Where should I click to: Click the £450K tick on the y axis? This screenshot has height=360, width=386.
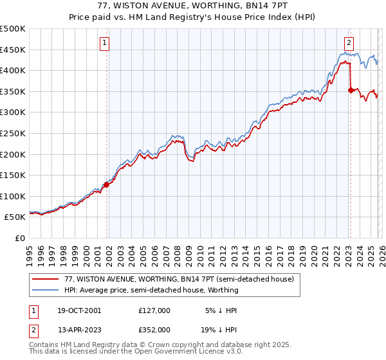(x=13, y=50)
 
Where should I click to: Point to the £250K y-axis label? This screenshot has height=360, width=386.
(x=13, y=133)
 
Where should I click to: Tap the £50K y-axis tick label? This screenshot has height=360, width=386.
(x=15, y=217)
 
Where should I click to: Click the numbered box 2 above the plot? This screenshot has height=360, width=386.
(x=349, y=43)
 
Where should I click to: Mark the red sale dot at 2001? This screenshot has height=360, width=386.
(x=106, y=184)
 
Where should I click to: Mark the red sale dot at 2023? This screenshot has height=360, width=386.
(x=351, y=91)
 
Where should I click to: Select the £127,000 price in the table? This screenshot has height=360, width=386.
(x=154, y=310)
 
